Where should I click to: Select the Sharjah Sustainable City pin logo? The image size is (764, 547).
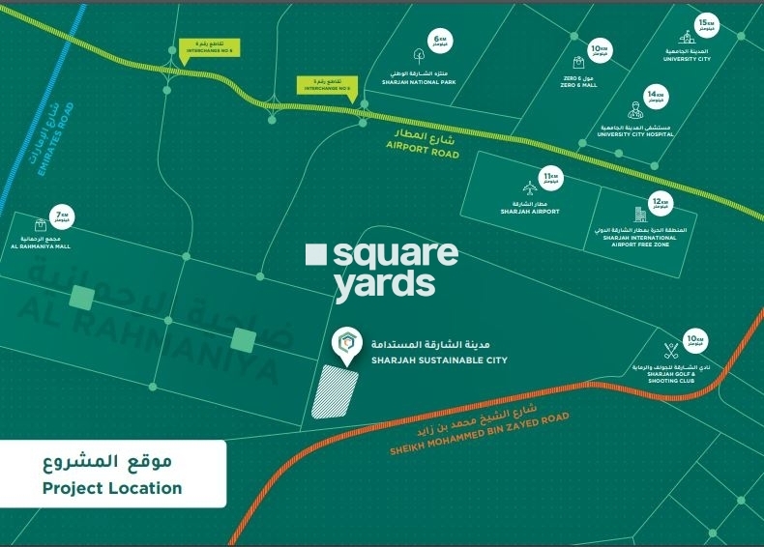click(x=344, y=342)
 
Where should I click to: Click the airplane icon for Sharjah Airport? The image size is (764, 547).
click(x=529, y=184)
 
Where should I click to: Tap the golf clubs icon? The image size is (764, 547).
click(x=671, y=350)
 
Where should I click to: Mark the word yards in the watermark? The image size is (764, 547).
click(x=384, y=285)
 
